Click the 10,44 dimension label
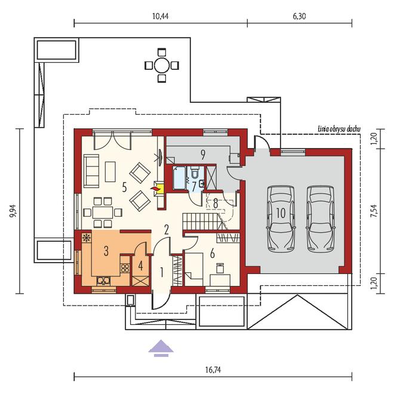pos(161,16)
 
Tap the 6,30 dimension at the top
pos(299,16)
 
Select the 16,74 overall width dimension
pos(213,370)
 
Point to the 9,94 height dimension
pos(13,211)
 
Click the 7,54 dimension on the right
pos(374,211)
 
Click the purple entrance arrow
pos(161,348)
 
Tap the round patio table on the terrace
pos(162,65)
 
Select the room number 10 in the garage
pos(281,213)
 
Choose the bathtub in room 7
pos(179,178)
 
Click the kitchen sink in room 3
pos(103,281)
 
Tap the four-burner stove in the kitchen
pos(125,268)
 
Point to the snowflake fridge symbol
pos(86,238)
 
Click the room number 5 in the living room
pos(124,187)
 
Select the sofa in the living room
pos(91,171)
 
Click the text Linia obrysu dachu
pos(339,129)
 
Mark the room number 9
pos(203,155)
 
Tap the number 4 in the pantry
pos(140,266)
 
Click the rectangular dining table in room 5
pos(103,213)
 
